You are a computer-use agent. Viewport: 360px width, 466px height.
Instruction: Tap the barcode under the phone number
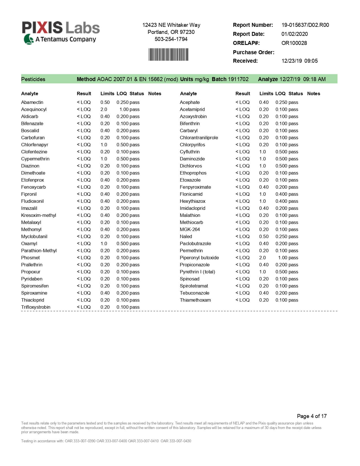[168, 55]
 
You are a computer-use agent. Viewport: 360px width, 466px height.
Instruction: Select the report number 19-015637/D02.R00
[305, 25]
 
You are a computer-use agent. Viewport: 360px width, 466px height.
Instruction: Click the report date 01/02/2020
[294, 34]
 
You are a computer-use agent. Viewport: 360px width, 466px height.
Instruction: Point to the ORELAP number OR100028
[294, 43]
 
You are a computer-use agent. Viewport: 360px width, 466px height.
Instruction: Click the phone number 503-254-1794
[171, 39]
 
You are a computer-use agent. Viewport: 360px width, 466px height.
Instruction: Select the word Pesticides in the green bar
[33, 79]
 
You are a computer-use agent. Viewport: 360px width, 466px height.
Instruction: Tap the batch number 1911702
[238, 79]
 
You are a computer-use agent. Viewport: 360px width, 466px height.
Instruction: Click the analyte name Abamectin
[32, 102]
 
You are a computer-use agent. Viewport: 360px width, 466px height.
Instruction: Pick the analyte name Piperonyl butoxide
[199, 258]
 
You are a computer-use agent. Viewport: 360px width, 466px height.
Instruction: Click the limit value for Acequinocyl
[104, 109]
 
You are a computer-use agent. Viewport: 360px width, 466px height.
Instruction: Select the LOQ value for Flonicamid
[281, 194]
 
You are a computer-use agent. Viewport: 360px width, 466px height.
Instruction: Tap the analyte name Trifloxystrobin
[36, 307]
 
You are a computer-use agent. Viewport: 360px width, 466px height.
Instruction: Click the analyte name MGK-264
[189, 229]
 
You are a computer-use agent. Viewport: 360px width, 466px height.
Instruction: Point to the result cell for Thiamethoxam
[243, 300]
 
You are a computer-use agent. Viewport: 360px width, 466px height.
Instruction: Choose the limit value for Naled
[264, 236]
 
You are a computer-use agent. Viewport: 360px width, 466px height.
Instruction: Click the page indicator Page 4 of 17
[311, 416]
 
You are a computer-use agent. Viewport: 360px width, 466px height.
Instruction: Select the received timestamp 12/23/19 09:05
[299, 61]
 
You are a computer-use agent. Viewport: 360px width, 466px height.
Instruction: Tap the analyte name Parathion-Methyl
[39, 251]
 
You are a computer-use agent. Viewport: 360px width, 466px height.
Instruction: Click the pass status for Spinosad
[293, 279]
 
